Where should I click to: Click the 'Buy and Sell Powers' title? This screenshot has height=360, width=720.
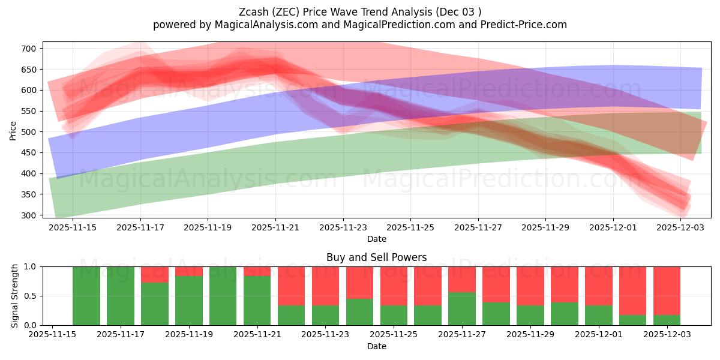coord(376,257)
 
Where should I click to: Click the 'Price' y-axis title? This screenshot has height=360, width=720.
coord(13,130)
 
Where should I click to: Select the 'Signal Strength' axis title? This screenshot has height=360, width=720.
coord(15,296)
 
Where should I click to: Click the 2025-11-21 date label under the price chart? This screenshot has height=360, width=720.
coord(275,228)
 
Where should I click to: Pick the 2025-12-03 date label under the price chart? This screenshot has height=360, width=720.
coord(680,228)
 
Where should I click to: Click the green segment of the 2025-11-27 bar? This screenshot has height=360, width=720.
coord(462,308)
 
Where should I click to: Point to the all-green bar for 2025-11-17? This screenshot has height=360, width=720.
coord(121,296)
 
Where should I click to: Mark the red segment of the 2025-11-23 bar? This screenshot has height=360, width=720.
coord(326,286)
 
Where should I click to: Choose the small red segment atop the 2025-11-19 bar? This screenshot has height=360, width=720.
coord(189,271)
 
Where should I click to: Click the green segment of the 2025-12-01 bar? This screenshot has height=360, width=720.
coord(599,315)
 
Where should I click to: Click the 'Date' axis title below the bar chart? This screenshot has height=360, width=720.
coord(376,346)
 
